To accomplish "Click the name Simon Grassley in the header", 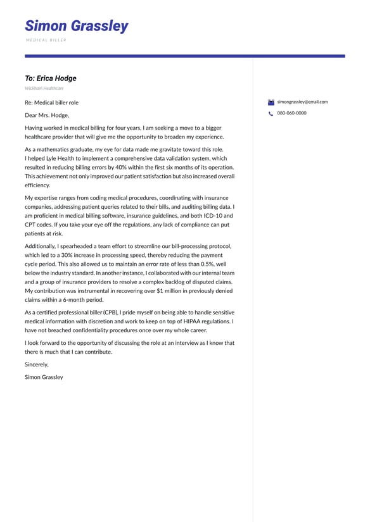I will (76, 26).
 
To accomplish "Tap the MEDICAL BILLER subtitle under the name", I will (46, 40).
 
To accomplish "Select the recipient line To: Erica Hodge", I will (51, 78).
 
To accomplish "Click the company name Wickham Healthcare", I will (44, 88).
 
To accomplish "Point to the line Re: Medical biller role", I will (52, 103).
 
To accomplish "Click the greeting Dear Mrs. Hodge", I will (47, 115).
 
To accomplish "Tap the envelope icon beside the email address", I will (271, 102).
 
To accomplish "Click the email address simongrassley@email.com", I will (302, 102).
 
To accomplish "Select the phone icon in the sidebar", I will (271, 114).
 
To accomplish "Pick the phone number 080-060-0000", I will (291, 113).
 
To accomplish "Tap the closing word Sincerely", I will (37, 364).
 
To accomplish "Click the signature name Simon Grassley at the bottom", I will (44, 377).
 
